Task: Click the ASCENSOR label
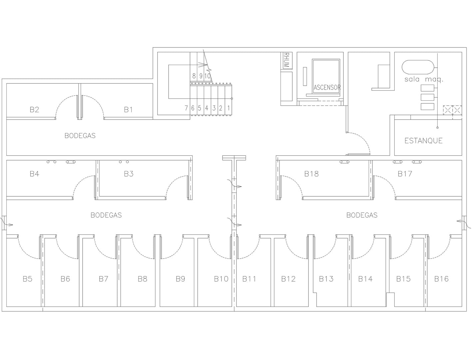pyautogui.click(x=327, y=88)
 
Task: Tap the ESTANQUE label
pyautogui.click(x=423, y=141)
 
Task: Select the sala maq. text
pyautogui.click(x=424, y=79)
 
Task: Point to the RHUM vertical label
pyautogui.click(x=286, y=60)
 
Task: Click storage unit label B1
pyautogui.click(x=128, y=110)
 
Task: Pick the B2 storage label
pyautogui.click(x=34, y=110)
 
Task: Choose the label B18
pyautogui.click(x=311, y=174)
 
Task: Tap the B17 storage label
pyautogui.click(x=405, y=174)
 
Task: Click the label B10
pyautogui.click(x=221, y=279)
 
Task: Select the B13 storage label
pyautogui.click(x=326, y=279)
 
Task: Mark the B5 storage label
pyautogui.click(x=28, y=279)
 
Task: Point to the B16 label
pyautogui.click(x=441, y=279)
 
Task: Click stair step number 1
pyautogui.click(x=229, y=108)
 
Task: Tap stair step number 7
pyautogui.click(x=186, y=108)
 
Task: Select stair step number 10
pyautogui.click(x=208, y=76)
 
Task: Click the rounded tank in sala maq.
pyautogui.click(x=418, y=67)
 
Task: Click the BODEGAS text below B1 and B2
pyautogui.click(x=80, y=136)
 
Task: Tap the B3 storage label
pyautogui.click(x=129, y=174)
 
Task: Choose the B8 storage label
pyautogui.click(x=142, y=279)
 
